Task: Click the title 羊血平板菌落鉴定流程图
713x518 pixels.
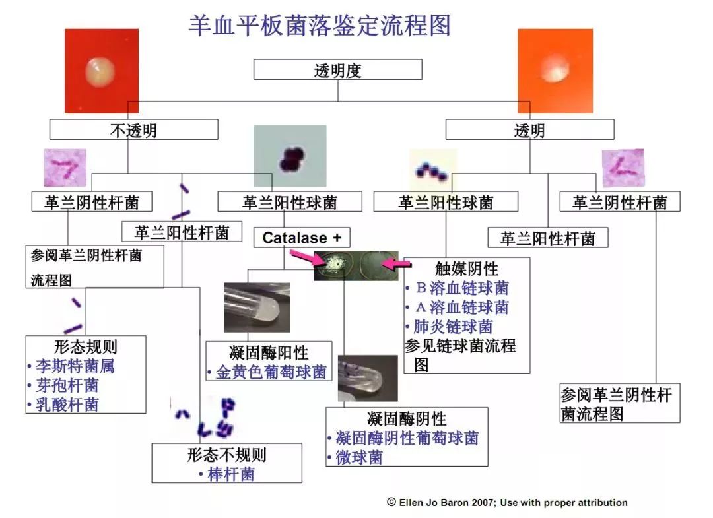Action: point(320,25)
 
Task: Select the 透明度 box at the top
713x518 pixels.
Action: point(337,69)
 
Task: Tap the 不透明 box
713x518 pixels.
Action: point(133,130)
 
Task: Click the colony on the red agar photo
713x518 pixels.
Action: point(99,72)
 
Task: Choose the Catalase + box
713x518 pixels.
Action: point(302,237)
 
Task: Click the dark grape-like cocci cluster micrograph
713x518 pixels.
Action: point(290,156)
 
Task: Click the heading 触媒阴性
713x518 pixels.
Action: point(467,269)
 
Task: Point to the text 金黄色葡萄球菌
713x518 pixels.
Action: point(271,372)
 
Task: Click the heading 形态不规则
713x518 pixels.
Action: point(226,455)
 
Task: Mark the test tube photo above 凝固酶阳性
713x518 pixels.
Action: point(257,307)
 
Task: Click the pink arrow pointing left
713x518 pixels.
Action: point(397,263)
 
